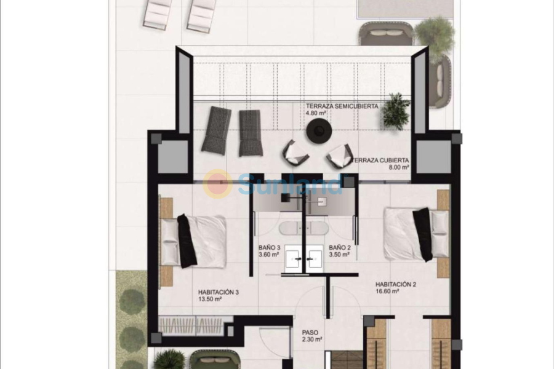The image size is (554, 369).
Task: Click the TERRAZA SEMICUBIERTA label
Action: tap(342, 106)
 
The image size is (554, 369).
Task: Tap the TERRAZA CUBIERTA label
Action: tap(381, 159)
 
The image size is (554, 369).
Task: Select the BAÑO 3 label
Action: tap(269, 248)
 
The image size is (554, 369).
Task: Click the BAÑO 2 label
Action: tap(339, 248)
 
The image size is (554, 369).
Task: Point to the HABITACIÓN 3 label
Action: tap(218, 292)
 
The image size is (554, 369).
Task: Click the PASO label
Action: tap(310, 332)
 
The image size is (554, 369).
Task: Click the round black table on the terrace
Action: tap(319, 129)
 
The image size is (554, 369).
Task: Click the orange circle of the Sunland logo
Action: tap(218, 183)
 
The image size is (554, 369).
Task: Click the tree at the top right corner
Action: tap(435, 31)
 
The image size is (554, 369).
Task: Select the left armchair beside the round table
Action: tap(295, 153)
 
